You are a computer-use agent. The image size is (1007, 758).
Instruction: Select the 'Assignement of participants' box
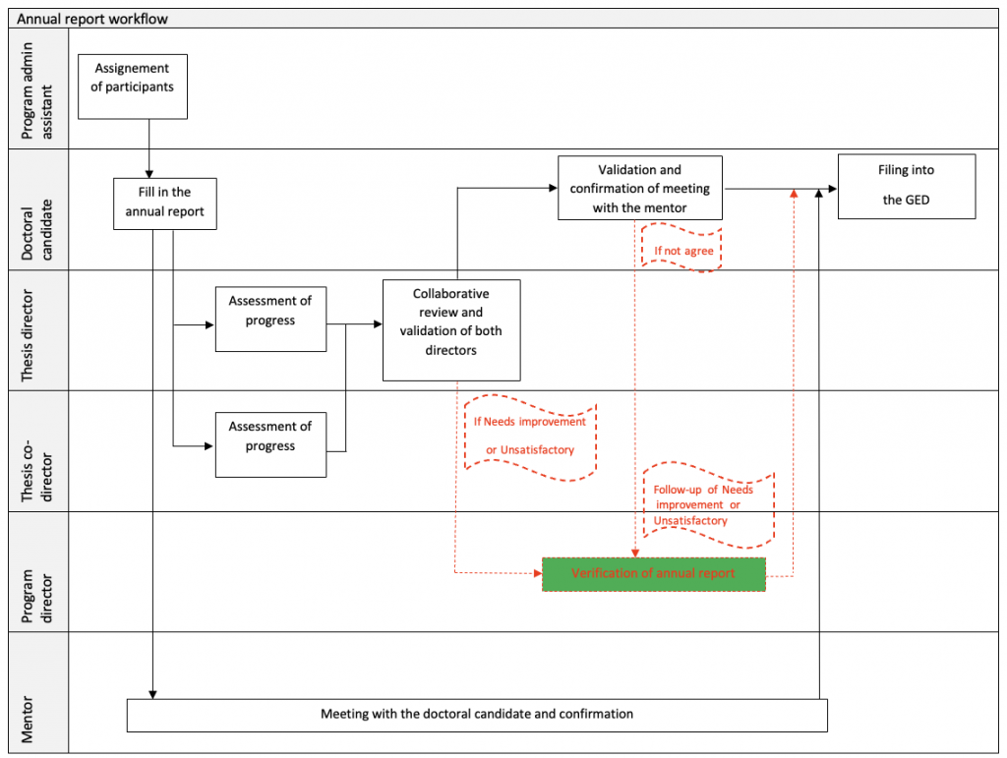tap(133, 87)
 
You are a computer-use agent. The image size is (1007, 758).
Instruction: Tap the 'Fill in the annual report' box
tap(165, 204)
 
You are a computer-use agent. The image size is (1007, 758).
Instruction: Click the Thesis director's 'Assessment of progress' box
tap(270, 319)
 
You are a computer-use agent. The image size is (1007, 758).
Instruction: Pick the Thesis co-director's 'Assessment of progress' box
tap(270, 444)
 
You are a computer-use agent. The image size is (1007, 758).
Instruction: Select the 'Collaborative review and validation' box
tap(451, 330)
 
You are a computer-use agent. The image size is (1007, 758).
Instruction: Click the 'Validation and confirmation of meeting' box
tap(639, 188)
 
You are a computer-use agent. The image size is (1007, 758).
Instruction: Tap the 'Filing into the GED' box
tap(906, 186)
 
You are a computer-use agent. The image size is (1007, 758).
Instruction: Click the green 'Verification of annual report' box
tap(653, 574)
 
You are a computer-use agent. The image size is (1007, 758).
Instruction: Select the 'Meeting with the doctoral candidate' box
tap(477, 715)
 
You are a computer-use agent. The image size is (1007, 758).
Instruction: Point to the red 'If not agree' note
tap(682, 250)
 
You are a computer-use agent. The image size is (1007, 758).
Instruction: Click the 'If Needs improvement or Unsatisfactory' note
tap(530, 437)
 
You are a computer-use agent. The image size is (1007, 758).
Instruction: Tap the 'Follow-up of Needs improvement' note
tap(708, 504)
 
